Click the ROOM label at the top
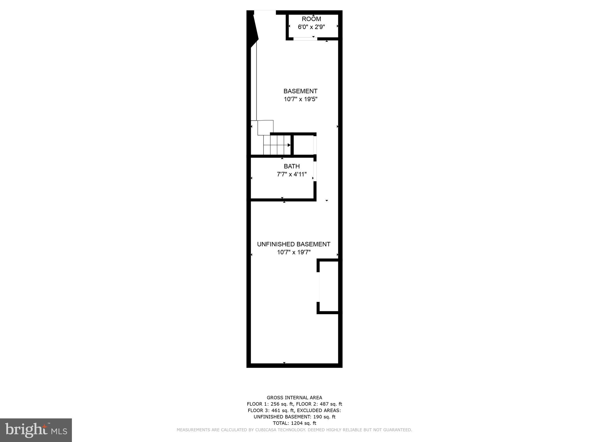[311, 19]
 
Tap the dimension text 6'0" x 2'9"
[311, 27]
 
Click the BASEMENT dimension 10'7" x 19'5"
[301, 99]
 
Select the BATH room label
[292, 166]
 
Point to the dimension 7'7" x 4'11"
[292, 174]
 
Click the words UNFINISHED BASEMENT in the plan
[294, 244]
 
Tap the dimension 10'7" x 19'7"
[294, 252]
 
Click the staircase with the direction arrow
[277, 145]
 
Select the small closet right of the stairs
[303, 145]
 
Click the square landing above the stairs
[265, 127]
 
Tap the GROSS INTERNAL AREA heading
[294, 398]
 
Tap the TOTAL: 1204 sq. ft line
[294, 423]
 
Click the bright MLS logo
[36, 430]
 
